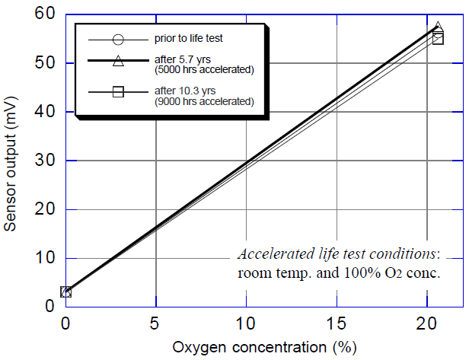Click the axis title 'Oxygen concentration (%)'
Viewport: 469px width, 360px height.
click(263, 349)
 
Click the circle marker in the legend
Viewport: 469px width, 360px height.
click(116, 39)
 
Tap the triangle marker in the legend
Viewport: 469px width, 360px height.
click(116, 60)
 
